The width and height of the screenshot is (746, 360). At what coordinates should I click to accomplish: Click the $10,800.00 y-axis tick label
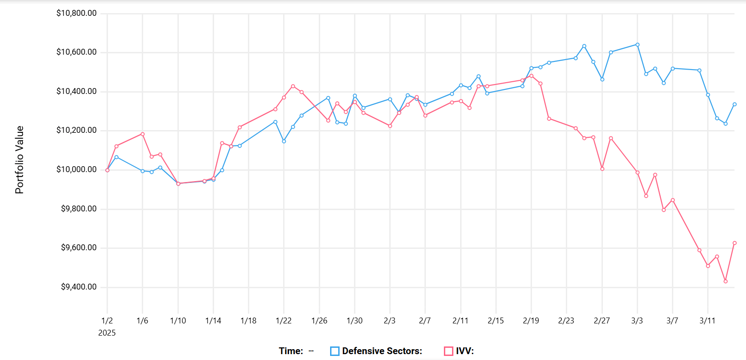(x=76, y=13)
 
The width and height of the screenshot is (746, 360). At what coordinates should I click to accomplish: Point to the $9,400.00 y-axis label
(x=79, y=287)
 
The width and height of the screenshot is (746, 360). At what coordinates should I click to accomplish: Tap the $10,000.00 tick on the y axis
(x=76, y=169)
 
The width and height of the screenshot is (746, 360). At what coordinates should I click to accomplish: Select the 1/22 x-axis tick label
(x=284, y=321)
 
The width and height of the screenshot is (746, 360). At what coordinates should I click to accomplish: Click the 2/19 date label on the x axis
(x=531, y=321)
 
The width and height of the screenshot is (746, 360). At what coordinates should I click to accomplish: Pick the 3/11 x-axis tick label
(x=708, y=321)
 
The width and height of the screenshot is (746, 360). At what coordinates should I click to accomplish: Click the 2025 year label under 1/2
(x=107, y=333)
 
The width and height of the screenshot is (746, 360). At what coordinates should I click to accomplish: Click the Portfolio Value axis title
(x=19, y=160)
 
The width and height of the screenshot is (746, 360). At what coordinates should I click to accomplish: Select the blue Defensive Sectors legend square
(x=335, y=351)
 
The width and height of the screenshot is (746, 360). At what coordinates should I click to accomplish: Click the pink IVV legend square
(x=448, y=351)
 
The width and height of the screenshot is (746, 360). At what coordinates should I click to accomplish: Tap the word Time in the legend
(x=291, y=351)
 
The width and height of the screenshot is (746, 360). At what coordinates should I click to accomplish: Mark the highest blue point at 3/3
(x=638, y=45)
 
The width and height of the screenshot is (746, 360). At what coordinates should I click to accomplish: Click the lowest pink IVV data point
(x=726, y=281)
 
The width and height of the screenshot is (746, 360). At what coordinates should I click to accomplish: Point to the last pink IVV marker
(x=735, y=243)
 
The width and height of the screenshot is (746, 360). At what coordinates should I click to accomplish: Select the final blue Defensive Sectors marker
(x=735, y=104)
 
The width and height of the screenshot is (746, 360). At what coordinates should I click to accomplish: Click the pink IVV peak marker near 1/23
(x=293, y=86)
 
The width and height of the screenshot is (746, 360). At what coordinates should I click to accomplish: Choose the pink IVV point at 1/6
(x=143, y=134)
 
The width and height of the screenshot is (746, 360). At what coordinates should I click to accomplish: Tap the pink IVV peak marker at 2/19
(x=532, y=76)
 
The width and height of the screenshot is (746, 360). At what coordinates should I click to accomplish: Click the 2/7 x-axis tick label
(x=425, y=321)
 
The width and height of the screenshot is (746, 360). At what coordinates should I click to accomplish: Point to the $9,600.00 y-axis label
(x=79, y=248)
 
